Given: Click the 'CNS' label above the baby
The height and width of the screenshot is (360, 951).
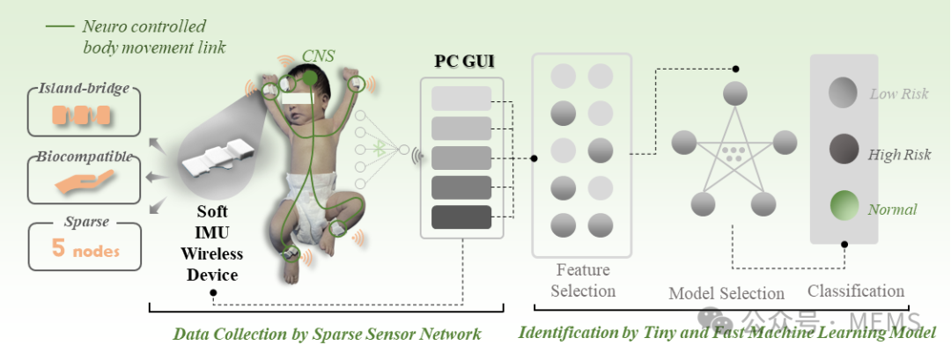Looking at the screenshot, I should (318, 55).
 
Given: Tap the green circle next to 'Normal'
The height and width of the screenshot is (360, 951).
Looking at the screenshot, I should (844, 208).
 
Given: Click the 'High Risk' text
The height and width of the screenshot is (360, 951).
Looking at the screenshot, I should (899, 155).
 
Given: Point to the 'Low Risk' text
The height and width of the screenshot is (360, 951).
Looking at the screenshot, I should (898, 94).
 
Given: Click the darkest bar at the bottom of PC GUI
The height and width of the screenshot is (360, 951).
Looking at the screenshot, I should (461, 217).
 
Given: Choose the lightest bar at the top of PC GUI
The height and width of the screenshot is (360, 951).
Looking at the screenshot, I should (461, 98).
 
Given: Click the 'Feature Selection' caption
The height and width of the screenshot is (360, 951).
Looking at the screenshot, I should (582, 280).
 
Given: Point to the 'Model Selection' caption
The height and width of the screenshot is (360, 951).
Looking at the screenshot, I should (726, 293).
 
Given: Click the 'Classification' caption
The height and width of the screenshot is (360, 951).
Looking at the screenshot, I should (856, 290).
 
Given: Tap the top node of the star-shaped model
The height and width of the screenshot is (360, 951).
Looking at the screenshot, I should (734, 93).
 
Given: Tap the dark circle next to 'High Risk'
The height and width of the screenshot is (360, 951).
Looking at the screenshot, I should (844, 150).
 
